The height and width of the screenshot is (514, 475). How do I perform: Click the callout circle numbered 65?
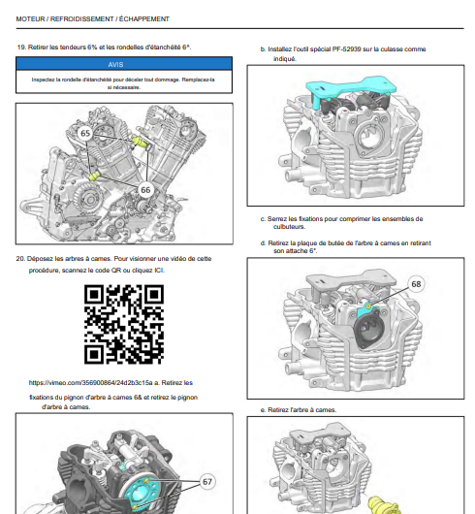pos(85,134)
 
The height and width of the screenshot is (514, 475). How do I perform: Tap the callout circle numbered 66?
pos(145,190)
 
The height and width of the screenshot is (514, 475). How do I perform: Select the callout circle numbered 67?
pos(207,482)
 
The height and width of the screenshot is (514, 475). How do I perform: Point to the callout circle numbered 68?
pos(416,284)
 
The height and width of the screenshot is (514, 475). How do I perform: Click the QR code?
pos(124,324)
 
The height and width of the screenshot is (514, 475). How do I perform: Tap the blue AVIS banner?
pos(124,64)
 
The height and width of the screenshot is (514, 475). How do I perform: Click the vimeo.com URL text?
pos(90,383)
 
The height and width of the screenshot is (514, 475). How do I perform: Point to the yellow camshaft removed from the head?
pos(383,506)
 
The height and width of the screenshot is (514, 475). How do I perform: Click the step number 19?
pos(21,48)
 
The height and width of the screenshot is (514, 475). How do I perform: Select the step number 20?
pos(20,259)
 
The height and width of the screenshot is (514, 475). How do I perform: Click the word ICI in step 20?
pos(159,271)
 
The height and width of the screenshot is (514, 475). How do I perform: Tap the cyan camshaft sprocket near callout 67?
pos(140,492)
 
